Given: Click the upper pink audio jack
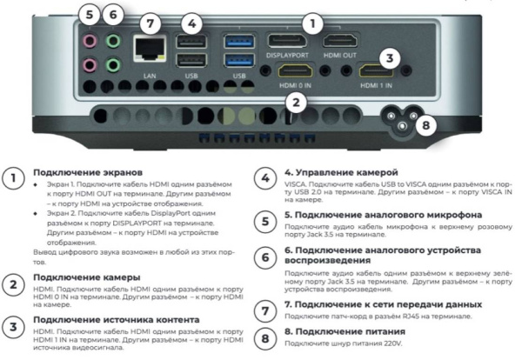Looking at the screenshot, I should click(x=88, y=40).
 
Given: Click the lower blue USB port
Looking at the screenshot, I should click(x=234, y=60).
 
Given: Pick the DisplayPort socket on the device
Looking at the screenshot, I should click(x=283, y=40).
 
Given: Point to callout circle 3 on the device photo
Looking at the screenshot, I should click(x=391, y=59).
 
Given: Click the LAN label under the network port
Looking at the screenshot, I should click(x=149, y=76).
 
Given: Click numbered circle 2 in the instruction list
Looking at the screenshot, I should click(x=15, y=284).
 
